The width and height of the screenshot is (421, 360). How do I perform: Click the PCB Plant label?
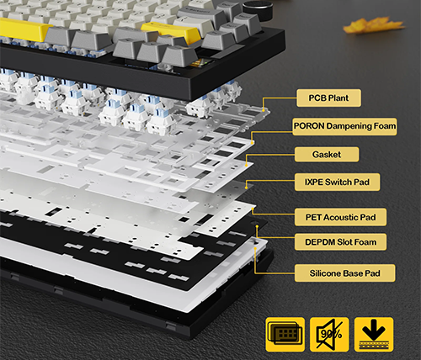click(x=328, y=98)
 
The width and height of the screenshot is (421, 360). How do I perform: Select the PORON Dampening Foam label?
click(x=344, y=126)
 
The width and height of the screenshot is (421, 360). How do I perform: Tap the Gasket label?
click(x=327, y=154)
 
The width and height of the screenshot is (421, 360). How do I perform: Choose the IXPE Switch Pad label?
click(x=337, y=182)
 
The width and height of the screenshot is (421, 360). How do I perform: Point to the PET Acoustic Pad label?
click(x=340, y=217)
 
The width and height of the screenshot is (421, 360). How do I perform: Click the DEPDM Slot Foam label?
click(x=340, y=242)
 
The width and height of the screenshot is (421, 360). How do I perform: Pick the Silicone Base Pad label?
click(x=345, y=273)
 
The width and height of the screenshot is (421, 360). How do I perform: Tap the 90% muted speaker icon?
click(x=329, y=334)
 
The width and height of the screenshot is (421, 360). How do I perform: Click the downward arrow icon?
click(x=374, y=334)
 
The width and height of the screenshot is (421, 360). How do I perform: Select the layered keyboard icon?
click(x=285, y=334)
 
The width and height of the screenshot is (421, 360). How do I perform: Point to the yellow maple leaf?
click(x=374, y=26)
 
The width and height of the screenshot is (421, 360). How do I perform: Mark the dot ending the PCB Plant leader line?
click(x=264, y=110)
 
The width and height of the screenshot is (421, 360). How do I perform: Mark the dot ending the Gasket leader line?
click(x=247, y=166)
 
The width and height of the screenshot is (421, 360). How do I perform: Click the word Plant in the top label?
click(x=338, y=98)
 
